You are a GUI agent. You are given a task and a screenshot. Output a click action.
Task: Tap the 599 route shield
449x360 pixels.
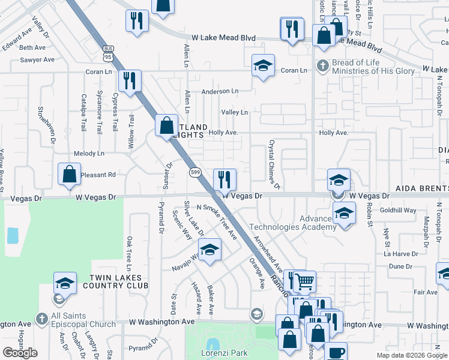pyautogui.click(x=195, y=173)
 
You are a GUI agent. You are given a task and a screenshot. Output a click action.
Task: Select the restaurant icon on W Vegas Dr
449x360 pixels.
pyautogui.click(x=224, y=179)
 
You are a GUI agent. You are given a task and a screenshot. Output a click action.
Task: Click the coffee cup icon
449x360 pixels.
pyautogui.click(x=336, y=352)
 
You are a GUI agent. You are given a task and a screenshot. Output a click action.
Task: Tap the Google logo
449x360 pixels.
pyautogui.click(x=20, y=353)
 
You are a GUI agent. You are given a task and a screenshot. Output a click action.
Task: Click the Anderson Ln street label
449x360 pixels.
pyautogui.click(x=220, y=91)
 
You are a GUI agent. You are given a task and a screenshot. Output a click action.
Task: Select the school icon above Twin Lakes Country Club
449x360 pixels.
pyautogui.click(x=65, y=282)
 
